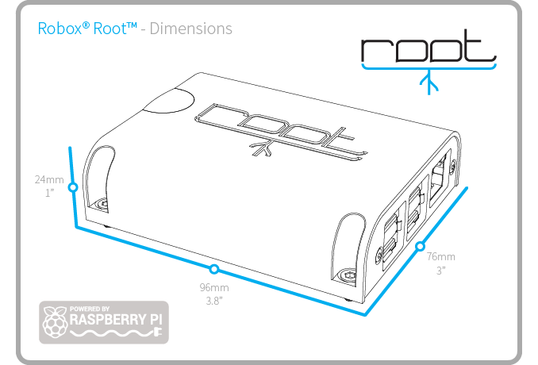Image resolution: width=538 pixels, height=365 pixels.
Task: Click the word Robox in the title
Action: [x=60, y=28]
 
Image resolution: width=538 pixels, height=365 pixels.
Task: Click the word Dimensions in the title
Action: [x=190, y=29]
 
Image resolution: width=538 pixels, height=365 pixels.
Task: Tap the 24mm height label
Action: [x=49, y=179]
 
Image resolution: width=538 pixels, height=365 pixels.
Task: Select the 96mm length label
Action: [x=214, y=287]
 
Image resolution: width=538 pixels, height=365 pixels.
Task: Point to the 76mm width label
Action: [x=441, y=256]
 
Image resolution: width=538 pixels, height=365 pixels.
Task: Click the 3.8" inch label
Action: [x=214, y=301]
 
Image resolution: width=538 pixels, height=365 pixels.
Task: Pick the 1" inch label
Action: [x=50, y=193]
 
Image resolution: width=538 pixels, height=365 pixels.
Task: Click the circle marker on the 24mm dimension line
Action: [x=73, y=187]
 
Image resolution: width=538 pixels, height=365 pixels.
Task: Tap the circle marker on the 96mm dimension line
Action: [x=214, y=269]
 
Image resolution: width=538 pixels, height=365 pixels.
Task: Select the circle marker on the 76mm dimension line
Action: [x=421, y=246]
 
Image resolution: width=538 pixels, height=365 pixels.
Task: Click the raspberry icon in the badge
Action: [x=54, y=322]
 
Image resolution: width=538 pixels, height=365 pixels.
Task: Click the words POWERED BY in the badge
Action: [x=90, y=309]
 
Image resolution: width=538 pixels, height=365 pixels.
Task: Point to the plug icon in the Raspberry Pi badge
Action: [x=157, y=332]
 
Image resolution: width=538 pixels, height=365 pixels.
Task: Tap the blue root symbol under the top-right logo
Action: [x=428, y=83]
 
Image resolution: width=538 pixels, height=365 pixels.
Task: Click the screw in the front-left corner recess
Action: [x=103, y=205]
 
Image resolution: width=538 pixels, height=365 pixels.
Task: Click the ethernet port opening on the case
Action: [x=439, y=179]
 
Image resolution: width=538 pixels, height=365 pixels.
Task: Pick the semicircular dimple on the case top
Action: [x=168, y=101]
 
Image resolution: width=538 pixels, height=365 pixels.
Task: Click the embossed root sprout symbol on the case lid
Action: [x=261, y=148]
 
